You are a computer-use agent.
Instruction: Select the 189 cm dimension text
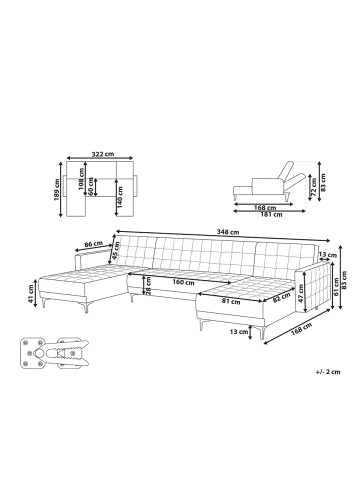[x=57, y=191]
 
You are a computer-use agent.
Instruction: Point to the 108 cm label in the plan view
[x=82, y=179]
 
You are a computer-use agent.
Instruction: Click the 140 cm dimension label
[x=120, y=196]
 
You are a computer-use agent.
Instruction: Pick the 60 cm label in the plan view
[x=91, y=186]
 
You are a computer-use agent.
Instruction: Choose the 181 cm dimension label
[x=271, y=215]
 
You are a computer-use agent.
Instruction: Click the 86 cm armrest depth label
[x=93, y=244]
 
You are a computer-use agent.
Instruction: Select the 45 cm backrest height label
[x=116, y=250]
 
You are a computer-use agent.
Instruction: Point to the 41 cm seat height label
[x=31, y=295]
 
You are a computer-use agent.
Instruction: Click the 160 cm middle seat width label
[x=183, y=282]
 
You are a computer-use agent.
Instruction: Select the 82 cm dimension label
[x=281, y=297]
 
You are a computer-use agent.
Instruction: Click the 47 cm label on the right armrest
[x=301, y=293]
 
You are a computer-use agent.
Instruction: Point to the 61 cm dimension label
[x=337, y=287]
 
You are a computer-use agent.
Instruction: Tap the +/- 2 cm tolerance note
[x=328, y=372]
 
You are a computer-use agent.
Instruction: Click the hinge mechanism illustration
[x=55, y=353]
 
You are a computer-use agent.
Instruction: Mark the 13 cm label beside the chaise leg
[x=239, y=332]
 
